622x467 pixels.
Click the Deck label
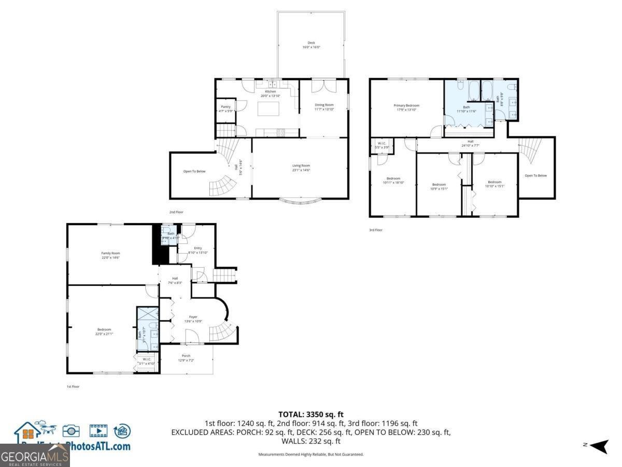(x=311, y=45)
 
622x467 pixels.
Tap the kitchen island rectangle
(x=268, y=109)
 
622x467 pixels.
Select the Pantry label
(x=225, y=108)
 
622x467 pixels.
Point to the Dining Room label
(x=324, y=107)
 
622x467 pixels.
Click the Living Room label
(x=301, y=168)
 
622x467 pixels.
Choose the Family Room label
(x=110, y=255)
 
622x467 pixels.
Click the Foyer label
(x=193, y=319)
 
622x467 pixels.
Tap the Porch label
(x=186, y=358)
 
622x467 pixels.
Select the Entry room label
(x=197, y=250)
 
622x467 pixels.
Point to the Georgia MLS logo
(x=35, y=457)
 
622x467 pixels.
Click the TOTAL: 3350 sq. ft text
(x=311, y=414)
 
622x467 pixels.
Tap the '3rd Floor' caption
(x=375, y=230)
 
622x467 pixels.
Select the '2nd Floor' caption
(x=176, y=212)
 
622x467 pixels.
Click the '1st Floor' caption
(x=73, y=387)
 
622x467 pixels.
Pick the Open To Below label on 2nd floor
(x=194, y=171)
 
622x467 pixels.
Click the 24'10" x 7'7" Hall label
(x=471, y=143)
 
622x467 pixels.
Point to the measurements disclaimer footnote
(x=311, y=454)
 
